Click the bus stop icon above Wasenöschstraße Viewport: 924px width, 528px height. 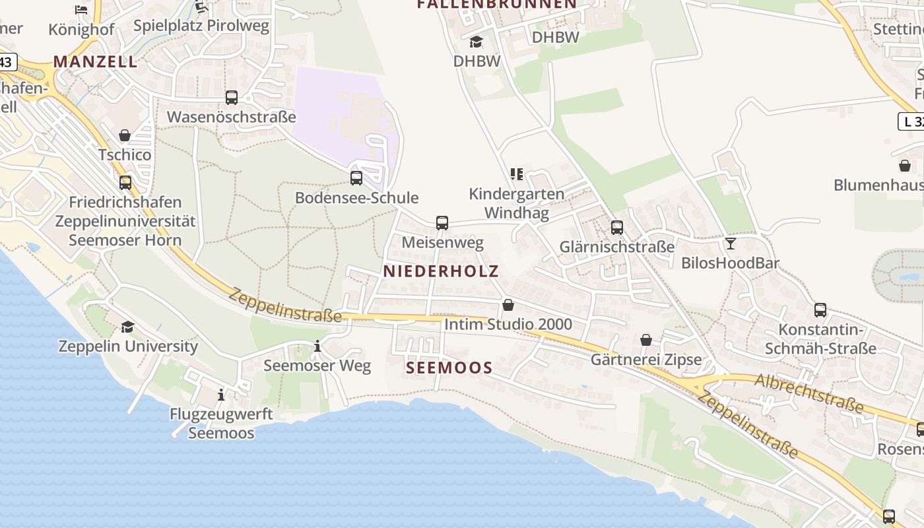[231, 98]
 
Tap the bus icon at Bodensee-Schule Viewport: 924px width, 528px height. [356, 178]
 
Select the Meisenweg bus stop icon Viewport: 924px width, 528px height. [442, 223]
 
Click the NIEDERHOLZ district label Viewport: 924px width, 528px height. [441, 271]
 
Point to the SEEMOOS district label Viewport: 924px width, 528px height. [449, 368]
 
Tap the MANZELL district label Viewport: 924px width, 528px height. [95, 61]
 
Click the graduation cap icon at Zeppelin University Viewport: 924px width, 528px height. [127, 327]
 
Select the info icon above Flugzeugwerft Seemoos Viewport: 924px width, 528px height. [220, 395]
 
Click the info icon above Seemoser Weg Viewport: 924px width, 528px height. [317, 346]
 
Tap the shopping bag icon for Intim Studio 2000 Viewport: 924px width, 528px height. [508, 305]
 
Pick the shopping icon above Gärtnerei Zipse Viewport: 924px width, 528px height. [646, 340]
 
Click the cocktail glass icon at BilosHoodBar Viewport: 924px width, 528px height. [730, 244]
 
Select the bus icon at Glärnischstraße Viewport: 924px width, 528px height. [617, 228]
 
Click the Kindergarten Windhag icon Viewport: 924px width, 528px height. [517, 174]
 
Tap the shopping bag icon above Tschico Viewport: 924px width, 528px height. [125, 135]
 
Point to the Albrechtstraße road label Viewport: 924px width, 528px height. [808, 393]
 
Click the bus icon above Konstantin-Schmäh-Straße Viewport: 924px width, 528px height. [820, 310]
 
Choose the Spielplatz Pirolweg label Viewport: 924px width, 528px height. [201, 26]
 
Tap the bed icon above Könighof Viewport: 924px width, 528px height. [81, 10]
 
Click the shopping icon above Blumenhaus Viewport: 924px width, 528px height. [904, 166]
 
